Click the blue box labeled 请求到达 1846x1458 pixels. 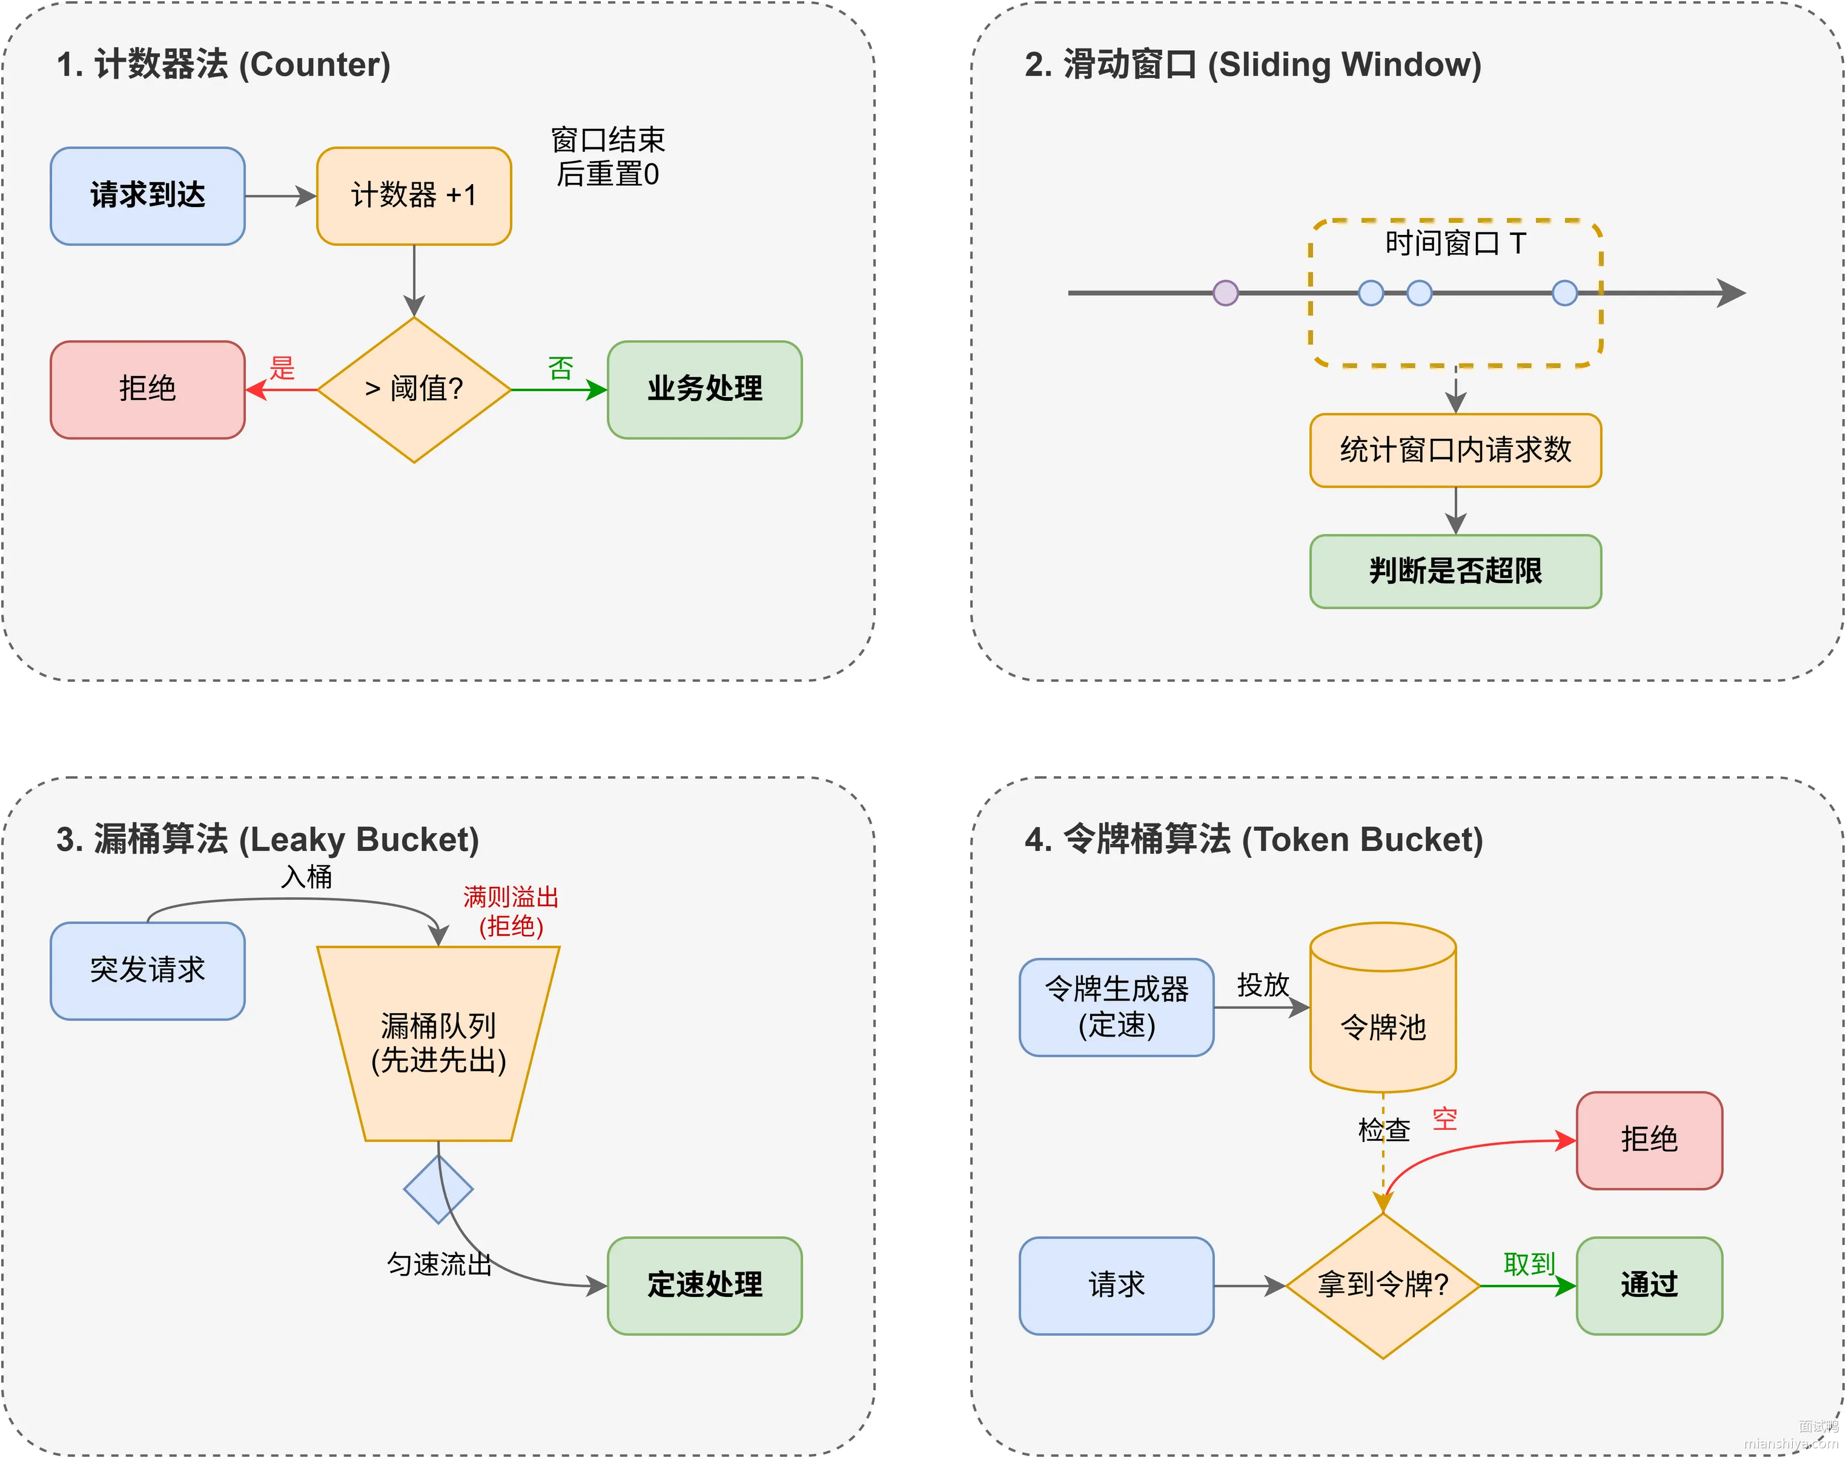click(148, 196)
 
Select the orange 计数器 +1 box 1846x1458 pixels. click(414, 196)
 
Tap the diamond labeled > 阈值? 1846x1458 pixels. click(414, 389)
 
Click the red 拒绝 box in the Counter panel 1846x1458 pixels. click(148, 389)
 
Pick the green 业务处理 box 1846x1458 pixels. click(704, 389)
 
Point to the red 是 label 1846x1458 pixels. click(282, 368)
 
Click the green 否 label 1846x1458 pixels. click(560, 368)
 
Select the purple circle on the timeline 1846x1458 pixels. click(1225, 293)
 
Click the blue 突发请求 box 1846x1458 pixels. click(148, 971)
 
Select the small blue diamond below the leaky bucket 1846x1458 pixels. click(438, 1189)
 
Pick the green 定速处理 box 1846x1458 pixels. click(704, 1285)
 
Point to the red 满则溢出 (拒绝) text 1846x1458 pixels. click(511, 911)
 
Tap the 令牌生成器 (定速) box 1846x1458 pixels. click(1116, 1008)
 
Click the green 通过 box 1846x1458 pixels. click(1649, 1285)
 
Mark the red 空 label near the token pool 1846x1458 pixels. click(1444, 1118)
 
